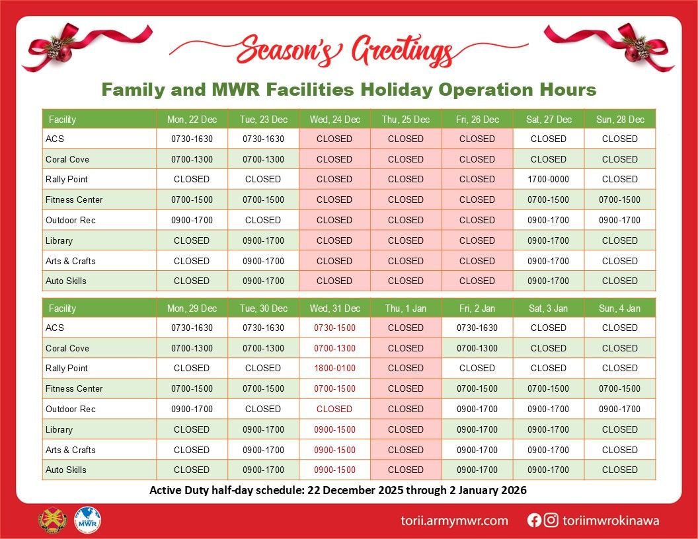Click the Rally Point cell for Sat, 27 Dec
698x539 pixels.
pos(549,179)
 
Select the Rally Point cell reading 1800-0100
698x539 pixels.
pos(334,368)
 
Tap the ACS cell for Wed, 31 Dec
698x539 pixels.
pos(334,328)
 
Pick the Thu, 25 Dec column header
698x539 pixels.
pos(406,119)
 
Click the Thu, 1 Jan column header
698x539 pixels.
pos(406,308)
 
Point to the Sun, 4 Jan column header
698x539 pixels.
pos(619,308)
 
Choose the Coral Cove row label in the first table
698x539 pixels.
pos(67,159)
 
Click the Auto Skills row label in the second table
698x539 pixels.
pos(66,470)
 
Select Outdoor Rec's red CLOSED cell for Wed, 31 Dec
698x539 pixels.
pos(334,409)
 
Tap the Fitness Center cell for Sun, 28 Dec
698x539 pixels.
pos(619,199)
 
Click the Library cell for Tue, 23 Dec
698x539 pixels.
pos(264,240)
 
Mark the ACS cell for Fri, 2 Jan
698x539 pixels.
pos(477,328)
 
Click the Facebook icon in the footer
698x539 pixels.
pos(533,521)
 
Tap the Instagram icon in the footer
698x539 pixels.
pos(551,520)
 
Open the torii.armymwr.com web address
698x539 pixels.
pos(454,521)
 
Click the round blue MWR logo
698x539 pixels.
pos(88,520)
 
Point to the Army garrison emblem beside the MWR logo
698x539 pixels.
pos(52,520)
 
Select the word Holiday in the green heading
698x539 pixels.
pos(396,89)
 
